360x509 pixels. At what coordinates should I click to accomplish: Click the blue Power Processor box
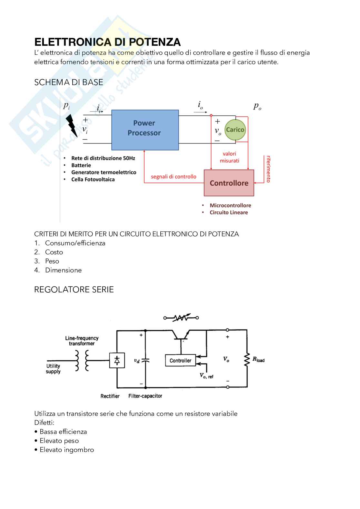pyautogui.click(x=145, y=130)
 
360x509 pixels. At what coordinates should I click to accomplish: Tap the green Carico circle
pyautogui.click(x=235, y=130)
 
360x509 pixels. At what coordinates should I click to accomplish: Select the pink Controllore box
pyautogui.click(x=229, y=183)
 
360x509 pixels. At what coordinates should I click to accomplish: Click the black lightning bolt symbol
pyautogui.click(x=72, y=126)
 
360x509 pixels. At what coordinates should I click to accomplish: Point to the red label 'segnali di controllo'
pyautogui.click(x=174, y=177)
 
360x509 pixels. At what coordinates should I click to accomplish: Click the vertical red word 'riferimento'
pyautogui.click(x=268, y=169)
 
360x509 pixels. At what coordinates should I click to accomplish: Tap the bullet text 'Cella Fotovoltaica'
pyautogui.click(x=93, y=180)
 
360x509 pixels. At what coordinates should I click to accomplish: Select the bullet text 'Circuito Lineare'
pyautogui.click(x=229, y=212)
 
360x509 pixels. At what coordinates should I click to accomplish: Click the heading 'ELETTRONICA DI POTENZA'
pyautogui.click(x=107, y=42)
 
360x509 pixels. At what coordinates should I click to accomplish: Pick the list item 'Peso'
pyautogui.click(x=52, y=261)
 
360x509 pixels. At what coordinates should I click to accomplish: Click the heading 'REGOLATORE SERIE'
pyautogui.click(x=74, y=289)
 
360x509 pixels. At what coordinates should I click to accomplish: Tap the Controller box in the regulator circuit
pyautogui.click(x=180, y=360)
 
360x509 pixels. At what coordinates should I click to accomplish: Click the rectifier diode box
pyautogui.click(x=117, y=360)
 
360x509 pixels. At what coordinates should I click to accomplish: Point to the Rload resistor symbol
pyautogui.click(x=247, y=359)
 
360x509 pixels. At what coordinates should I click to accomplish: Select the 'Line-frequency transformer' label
pyautogui.click(x=82, y=341)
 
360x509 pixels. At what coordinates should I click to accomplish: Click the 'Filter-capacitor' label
pyautogui.click(x=145, y=396)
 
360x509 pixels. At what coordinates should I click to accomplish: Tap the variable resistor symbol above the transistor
pyautogui.click(x=181, y=318)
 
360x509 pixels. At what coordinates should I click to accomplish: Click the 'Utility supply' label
pyautogui.click(x=53, y=368)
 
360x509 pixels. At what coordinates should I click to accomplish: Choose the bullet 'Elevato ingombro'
pyautogui.click(x=66, y=450)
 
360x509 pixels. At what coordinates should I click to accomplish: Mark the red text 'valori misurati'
pyautogui.click(x=229, y=157)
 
